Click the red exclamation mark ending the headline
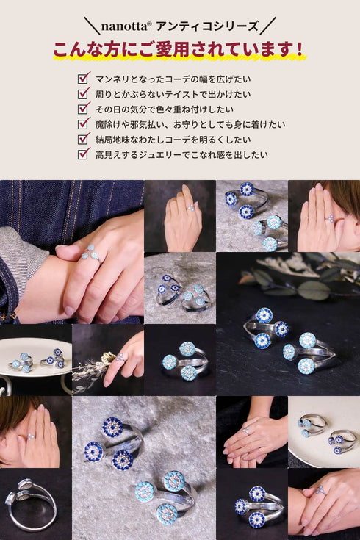click(298, 50)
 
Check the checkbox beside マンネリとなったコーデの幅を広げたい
click(84, 77)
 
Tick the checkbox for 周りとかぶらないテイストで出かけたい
click(84, 93)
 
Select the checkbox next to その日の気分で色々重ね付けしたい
click(84, 108)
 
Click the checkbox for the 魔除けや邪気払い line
click(84, 123)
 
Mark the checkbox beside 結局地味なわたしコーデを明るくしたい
click(84, 138)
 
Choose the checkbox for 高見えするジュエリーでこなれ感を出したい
click(84, 154)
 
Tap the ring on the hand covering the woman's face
click(31, 436)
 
